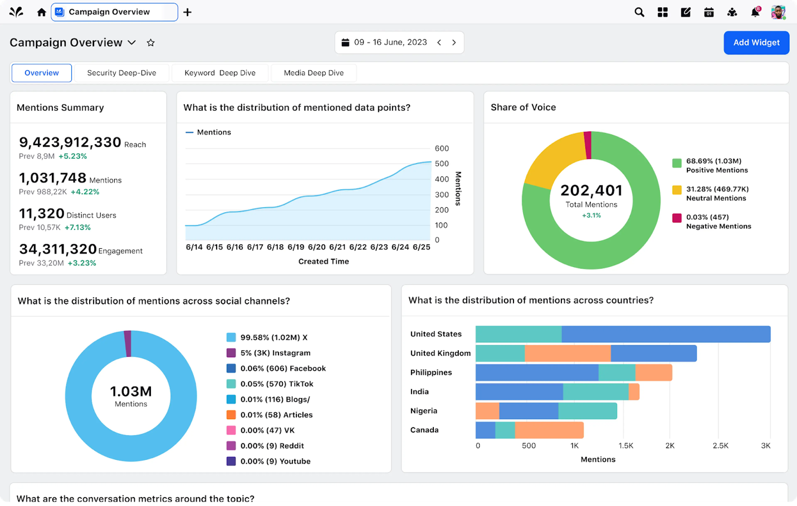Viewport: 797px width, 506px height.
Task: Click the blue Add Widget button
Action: (756, 43)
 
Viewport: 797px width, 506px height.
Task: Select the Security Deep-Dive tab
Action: (121, 73)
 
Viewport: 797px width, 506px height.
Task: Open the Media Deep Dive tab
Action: (314, 73)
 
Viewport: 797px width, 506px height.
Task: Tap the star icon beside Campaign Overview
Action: (150, 43)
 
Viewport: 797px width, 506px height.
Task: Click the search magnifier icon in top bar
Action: (639, 12)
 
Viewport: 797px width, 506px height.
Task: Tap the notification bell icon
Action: (755, 12)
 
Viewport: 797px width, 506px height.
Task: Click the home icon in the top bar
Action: (41, 12)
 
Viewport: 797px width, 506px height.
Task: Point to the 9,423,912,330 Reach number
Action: (70, 143)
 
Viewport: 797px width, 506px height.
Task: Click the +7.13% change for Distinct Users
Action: (77, 228)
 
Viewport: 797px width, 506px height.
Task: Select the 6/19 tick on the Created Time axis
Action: (296, 247)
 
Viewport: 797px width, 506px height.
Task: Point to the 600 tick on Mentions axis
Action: (442, 149)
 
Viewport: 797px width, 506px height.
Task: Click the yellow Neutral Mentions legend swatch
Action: (677, 190)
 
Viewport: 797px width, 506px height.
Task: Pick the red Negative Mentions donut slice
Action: (587, 145)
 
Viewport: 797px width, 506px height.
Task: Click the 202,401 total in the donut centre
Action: (591, 191)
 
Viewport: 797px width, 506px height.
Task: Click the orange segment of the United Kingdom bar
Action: (567, 353)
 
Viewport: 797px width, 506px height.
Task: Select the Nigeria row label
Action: (424, 411)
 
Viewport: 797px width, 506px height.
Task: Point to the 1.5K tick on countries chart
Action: (625, 446)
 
